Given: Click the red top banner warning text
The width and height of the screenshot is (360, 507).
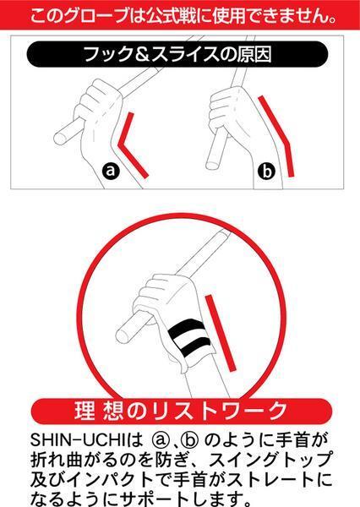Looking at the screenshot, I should point(180,14).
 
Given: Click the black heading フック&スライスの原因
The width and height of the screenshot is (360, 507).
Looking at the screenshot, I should point(180,56).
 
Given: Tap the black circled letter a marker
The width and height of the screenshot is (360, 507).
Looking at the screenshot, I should point(109,171).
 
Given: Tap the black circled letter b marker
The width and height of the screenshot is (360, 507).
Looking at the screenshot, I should point(268,172).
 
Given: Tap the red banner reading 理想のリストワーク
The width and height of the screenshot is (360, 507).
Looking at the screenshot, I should point(180,412).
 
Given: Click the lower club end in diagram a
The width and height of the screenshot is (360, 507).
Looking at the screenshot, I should point(62,134).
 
